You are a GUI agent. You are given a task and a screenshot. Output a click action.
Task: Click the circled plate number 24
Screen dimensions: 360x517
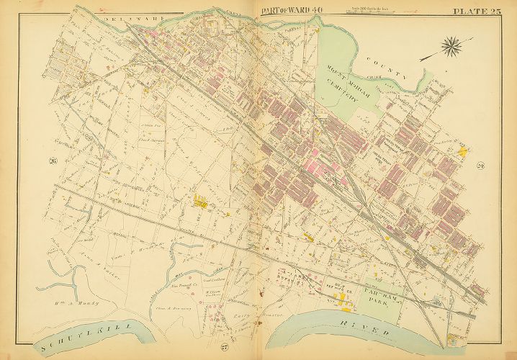tap(481, 166)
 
